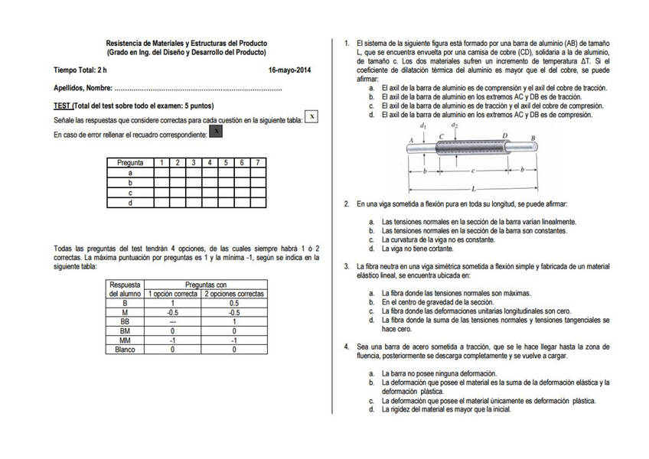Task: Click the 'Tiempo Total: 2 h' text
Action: (80, 70)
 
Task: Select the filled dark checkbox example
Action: (217, 132)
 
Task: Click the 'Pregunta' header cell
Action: (130, 163)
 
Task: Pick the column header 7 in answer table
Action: (258, 163)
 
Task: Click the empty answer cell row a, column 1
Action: (161, 173)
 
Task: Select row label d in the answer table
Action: (130, 203)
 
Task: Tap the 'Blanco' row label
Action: (125, 350)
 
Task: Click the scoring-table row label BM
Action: (125, 330)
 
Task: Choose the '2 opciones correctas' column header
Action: (235, 294)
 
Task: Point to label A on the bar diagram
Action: (411, 140)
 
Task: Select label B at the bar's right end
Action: (533, 138)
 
